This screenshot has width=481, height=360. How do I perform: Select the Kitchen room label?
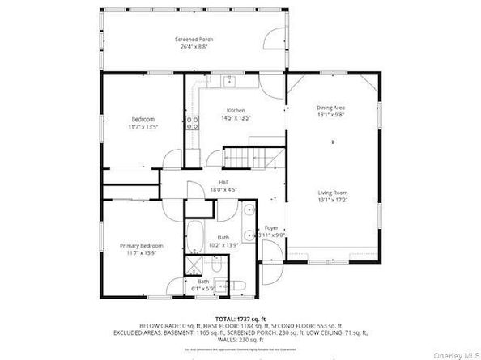[x=236, y=111]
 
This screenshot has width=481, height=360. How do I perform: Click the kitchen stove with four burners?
[x=194, y=124]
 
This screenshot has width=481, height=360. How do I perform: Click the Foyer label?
[x=271, y=228]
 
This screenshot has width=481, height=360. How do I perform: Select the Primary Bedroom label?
[x=142, y=246]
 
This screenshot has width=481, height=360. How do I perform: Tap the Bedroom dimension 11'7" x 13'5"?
[x=143, y=127]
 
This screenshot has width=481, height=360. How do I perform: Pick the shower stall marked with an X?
[x=196, y=265]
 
